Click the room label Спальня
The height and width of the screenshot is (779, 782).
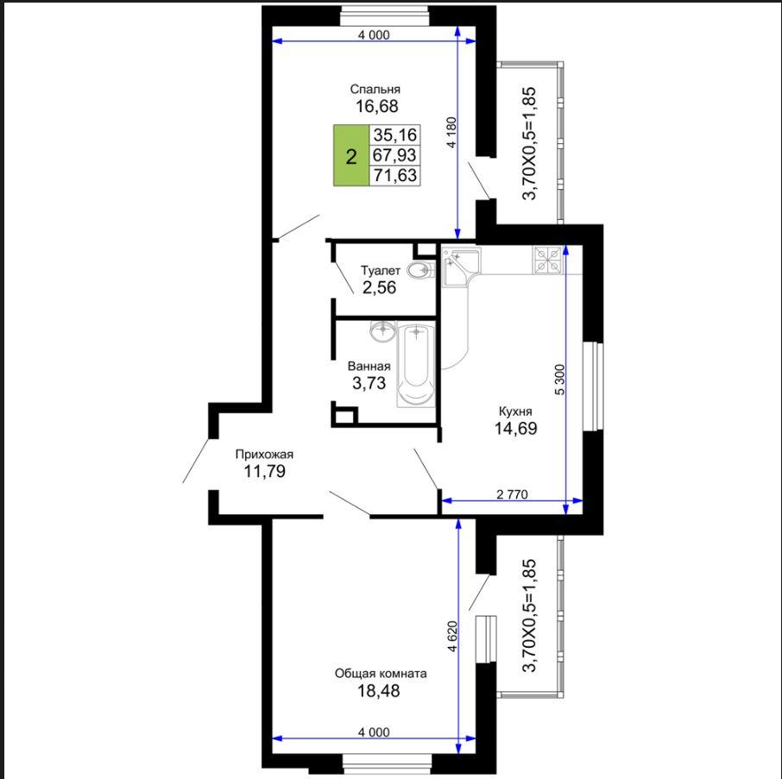(x=375, y=89)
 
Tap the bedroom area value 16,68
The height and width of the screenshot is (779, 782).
(x=376, y=106)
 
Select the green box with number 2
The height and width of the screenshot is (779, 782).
(x=351, y=155)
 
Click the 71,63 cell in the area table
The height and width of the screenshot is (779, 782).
(x=394, y=175)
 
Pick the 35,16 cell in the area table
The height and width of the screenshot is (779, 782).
(x=394, y=135)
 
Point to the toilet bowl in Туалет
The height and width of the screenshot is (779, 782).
(x=420, y=270)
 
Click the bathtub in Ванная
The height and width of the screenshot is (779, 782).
(x=415, y=365)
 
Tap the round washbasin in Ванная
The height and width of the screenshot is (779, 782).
(x=383, y=330)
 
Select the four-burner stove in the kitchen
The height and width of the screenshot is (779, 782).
(x=548, y=261)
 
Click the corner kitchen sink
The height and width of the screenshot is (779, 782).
(x=460, y=267)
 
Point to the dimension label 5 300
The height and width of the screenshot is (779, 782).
(x=559, y=380)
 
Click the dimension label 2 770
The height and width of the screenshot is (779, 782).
(x=512, y=494)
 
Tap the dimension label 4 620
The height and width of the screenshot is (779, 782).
(x=451, y=637)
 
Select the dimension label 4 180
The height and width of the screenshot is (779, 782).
(x=451, y=132)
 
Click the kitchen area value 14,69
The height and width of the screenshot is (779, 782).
(x=515, y=428)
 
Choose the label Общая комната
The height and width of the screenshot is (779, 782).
(x=381, y=674)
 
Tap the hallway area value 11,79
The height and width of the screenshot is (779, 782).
(x=264, y=470)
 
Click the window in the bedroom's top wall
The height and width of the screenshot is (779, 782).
(x=384, y=16)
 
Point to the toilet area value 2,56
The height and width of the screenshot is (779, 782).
(x=379, y=287)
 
